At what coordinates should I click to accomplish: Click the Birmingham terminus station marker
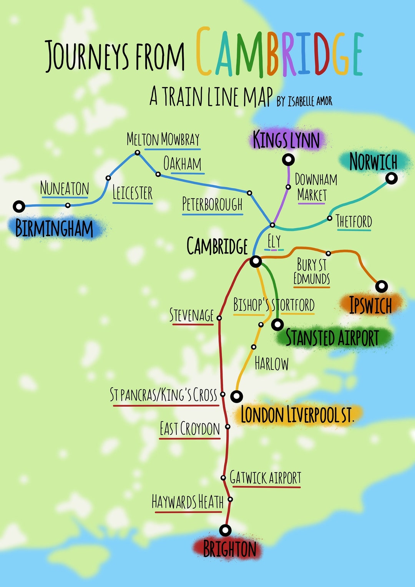pos(19,206)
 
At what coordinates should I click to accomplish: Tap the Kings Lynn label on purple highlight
pos(286,140)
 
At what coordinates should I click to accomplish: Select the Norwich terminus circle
pos(391,178)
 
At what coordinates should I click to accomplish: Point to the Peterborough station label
pos(212,204)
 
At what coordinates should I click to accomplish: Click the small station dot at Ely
pos(272,225)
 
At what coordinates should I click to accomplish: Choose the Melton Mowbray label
pos(163,139)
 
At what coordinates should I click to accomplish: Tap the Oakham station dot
pos(158,174)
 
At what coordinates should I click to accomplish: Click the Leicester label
pos(133,193)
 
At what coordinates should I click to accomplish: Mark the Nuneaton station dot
pos(68,205)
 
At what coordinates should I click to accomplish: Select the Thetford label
pos(354,222)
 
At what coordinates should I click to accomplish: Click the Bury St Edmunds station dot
pos(328,253)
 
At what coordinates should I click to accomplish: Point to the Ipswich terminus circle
pos(382,286)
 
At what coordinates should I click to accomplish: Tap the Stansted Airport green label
pos(332,338)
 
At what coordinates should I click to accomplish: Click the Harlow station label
pos(271,363)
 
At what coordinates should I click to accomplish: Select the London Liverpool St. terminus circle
pos(236,396)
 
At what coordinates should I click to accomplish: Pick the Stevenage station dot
pos(219,318)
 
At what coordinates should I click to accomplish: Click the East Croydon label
pos(190,429)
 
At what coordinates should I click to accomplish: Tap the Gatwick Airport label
pos(266,478)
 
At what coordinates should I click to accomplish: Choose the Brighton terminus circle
pos(225,531)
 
